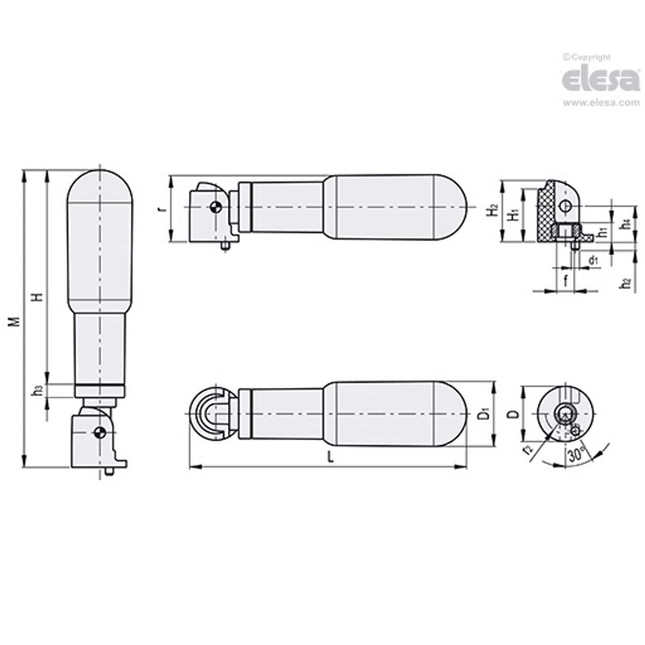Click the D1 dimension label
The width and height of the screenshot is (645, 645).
(482, 414)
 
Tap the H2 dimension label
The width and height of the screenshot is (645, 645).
(494, 210)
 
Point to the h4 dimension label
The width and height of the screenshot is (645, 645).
(627, 224)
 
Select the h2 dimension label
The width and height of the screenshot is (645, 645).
(627, 283)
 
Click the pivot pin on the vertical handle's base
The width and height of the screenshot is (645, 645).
(98, 433)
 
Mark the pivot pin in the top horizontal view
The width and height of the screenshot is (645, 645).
(215, 208)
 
